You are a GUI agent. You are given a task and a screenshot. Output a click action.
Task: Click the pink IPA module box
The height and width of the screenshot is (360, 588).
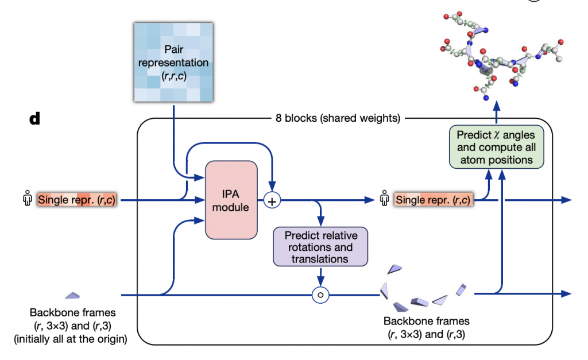click(231, 200)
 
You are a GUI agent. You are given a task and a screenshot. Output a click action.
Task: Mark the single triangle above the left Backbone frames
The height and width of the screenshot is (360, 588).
click(71, 295)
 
